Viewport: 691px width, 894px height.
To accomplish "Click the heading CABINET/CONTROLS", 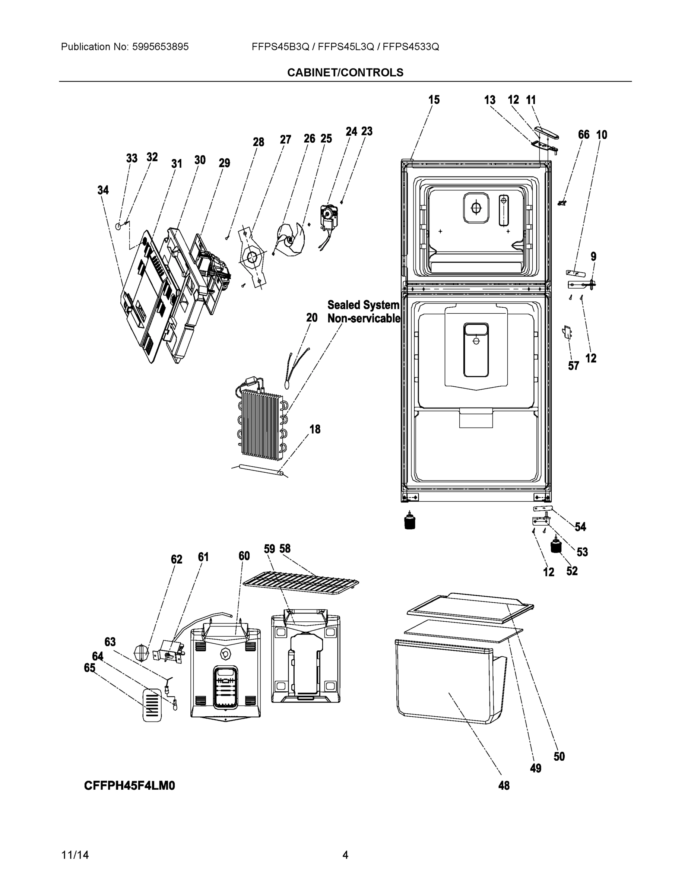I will pos(345,73).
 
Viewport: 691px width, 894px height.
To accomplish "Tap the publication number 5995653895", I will pos(160,47).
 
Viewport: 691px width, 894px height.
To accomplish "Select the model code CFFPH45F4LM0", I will pos(129,786).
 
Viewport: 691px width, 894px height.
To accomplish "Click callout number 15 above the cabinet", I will pos(434,100).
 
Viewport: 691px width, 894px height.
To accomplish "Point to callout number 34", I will pos(103,190).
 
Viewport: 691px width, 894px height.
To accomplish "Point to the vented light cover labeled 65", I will pos(152,704).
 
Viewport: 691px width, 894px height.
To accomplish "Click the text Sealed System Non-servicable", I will pos(364,311).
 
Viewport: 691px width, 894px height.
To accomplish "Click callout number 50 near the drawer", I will pos(559,757).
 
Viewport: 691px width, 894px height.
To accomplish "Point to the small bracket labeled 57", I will pos(567,332).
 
